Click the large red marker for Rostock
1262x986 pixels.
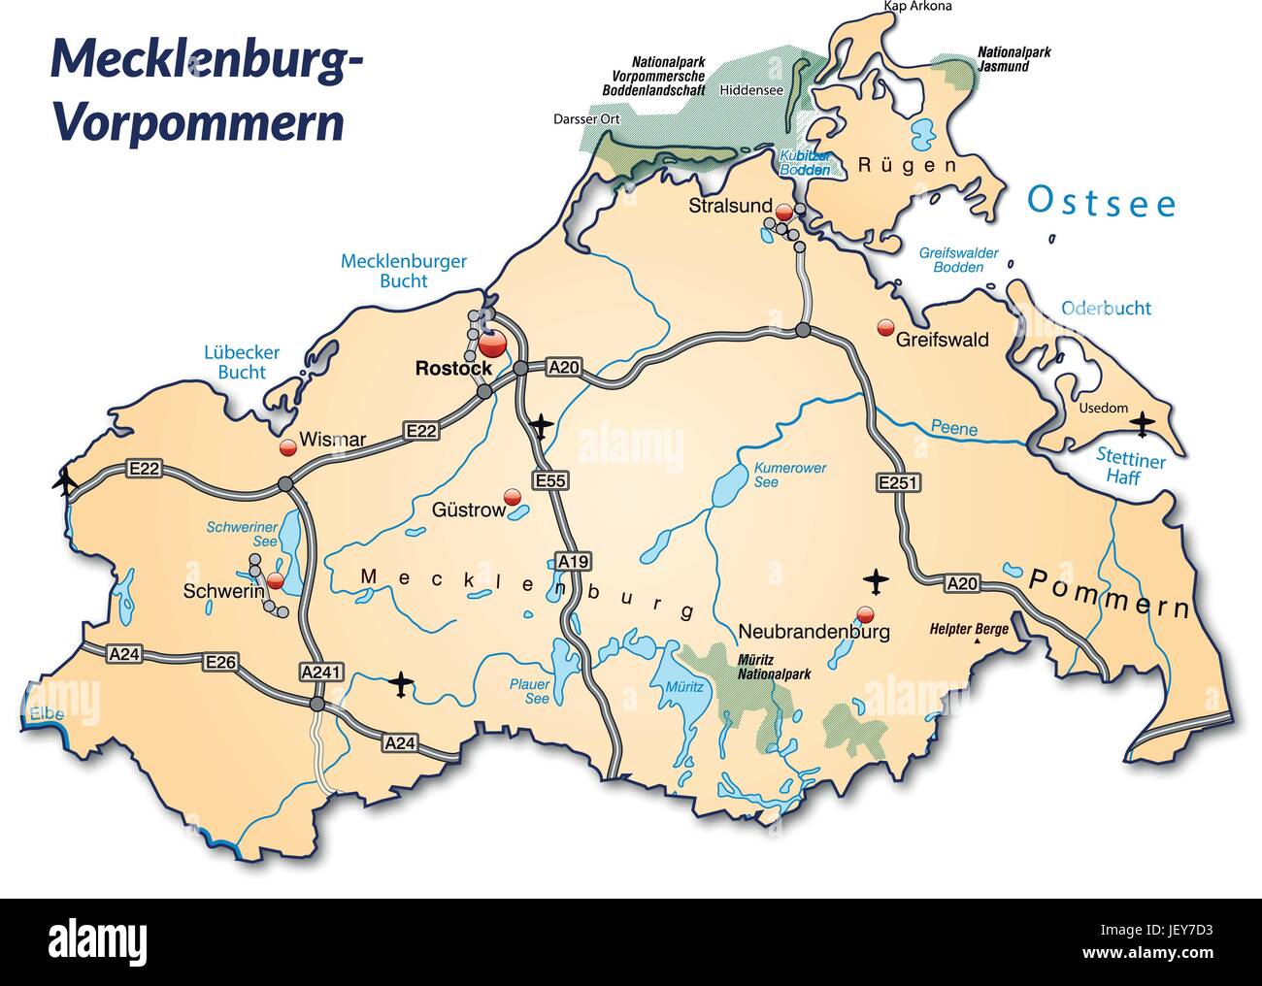[x=491, y=344]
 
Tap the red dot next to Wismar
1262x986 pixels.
[x=287, y=447]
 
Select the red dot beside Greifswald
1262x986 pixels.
[x=884, y=328]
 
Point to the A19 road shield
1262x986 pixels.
[x=573, y=561]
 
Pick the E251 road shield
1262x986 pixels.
[x=896, y=482]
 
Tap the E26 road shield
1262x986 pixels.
[x=220, y=662]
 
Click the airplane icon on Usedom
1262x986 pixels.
[x=1144, y=423]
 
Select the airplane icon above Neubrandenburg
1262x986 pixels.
[x=876, y=580]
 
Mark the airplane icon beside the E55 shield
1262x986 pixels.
[x=542, y=424]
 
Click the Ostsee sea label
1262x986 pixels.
[x=1102, y=203]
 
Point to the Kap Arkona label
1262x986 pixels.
[x=917, y=7]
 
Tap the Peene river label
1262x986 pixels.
[x=953, y=427]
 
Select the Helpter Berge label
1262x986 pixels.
[x=969, y=629]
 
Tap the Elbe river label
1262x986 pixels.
[x=46, y=715]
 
